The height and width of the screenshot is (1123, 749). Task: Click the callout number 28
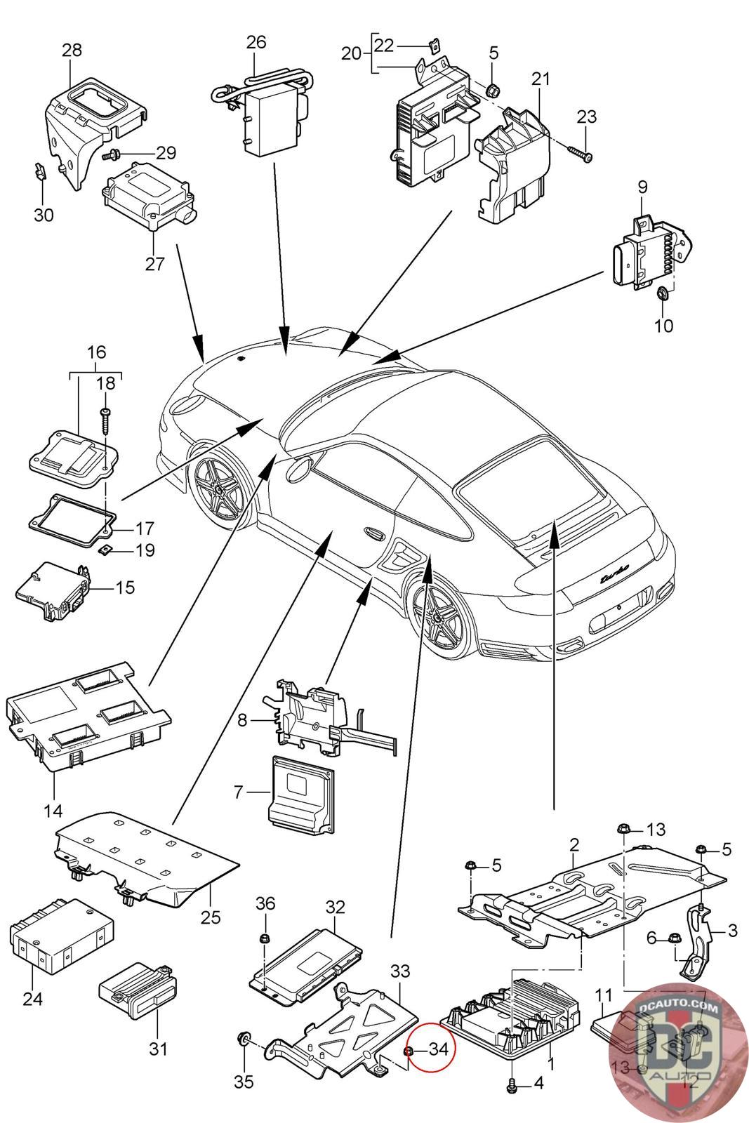point(72,50)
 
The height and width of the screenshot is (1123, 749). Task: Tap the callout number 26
point(256,41)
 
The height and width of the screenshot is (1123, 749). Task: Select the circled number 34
point(438,1049)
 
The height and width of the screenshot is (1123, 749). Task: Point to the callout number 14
point(53,811)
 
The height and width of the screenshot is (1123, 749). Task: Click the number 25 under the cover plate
point(211,917)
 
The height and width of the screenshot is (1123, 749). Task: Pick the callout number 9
point(642,187)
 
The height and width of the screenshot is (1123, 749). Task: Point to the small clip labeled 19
point(105,550)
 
